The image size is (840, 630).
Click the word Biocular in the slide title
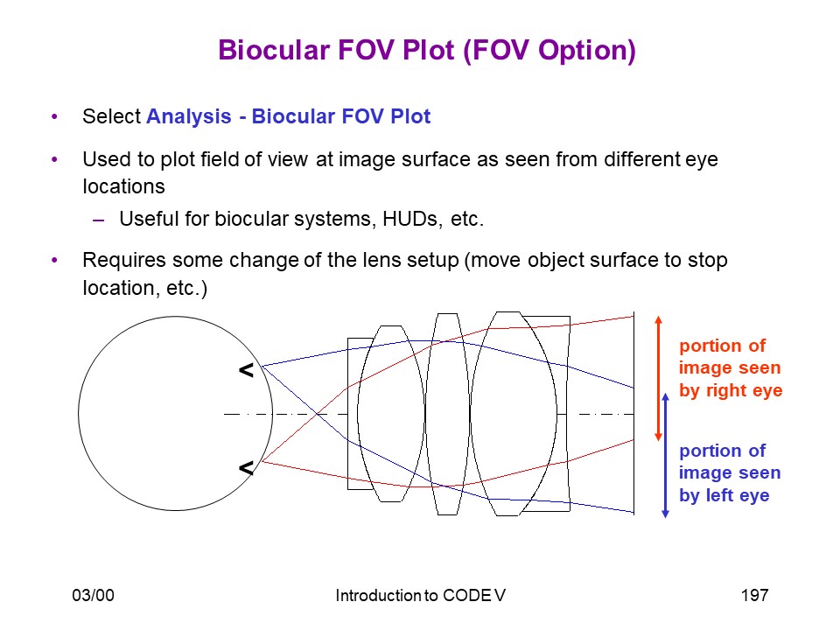(274, 51)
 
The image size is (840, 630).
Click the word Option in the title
(583, 52)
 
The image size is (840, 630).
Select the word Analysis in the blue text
(189, 117)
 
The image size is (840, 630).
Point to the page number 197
(755, 595)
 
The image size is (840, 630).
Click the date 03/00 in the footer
(94, 595)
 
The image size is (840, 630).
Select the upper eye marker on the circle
(246, 369)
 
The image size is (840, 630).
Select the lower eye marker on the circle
(246, 468)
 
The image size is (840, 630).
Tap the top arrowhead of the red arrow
(658, 320)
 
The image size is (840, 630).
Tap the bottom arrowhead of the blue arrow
(665, 514)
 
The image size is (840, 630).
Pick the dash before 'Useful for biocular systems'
(98, 220)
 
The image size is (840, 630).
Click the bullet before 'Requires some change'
(54, 261)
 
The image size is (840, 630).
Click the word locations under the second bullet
(123, 187)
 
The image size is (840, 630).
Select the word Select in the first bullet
(111, 116)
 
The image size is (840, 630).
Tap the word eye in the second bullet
(702, 160)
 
